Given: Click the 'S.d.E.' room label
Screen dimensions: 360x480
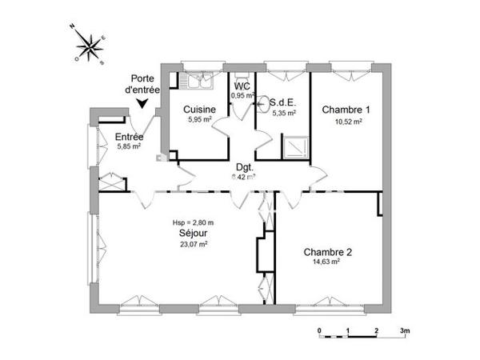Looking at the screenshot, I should (x=284, y=102).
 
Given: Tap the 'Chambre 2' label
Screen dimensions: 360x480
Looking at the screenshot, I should (x=328, y=252).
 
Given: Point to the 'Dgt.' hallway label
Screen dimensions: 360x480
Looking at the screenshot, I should (x=244, y=167).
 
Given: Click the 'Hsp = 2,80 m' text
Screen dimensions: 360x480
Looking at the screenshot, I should (x=194, y=222).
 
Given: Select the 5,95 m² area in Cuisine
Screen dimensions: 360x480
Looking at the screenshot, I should (x=198, y=120).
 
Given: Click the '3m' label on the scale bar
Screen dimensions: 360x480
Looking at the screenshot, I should (x=405, y=330).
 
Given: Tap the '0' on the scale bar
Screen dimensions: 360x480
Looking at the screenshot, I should (x=319, y=330).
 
